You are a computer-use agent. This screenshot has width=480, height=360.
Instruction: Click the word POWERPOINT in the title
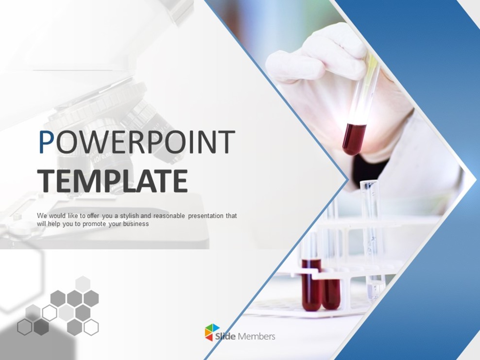[x=137, y=142]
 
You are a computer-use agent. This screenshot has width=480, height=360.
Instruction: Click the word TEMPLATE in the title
[x=112, y=181]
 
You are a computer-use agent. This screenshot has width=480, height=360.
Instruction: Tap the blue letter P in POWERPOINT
[x=46, y=142]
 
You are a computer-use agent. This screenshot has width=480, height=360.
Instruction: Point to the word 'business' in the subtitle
[x=137, y=224]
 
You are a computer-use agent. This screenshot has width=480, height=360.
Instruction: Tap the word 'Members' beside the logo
[x=257, y=336]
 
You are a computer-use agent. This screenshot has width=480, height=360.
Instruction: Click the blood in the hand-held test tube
[x=354, y=138]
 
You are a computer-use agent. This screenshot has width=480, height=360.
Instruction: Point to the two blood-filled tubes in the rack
[x=321, y=287]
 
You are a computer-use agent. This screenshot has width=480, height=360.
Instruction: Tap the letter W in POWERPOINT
[x=86, y=142]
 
